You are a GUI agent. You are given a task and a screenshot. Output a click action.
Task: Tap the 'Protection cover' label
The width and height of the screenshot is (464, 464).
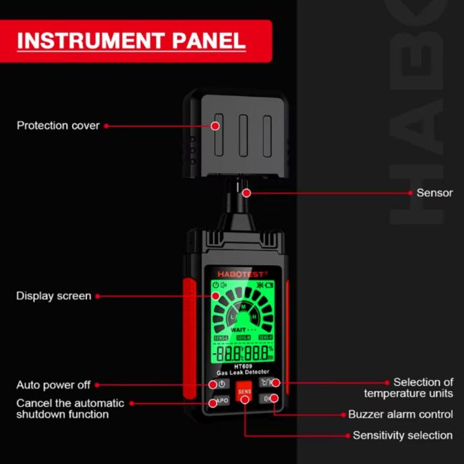(58, 126)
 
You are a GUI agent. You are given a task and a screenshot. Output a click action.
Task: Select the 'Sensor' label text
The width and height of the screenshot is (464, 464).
(434, 193)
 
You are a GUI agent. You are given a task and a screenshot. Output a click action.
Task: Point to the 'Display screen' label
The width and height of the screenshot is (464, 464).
(54, 296)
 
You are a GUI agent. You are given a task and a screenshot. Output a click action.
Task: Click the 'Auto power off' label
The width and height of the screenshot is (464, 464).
(53, 385)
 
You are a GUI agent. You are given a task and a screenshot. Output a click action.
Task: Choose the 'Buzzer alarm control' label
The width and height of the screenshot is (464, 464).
(400, 415)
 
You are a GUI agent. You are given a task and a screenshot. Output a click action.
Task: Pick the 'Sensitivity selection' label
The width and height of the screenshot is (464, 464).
(402, 436)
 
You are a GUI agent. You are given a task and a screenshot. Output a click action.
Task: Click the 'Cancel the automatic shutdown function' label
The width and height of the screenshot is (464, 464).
(70, 409)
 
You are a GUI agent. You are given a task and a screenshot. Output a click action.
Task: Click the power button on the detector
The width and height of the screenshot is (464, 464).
(221, 384)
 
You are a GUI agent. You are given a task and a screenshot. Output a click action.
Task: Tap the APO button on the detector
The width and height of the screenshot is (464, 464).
(221, 401)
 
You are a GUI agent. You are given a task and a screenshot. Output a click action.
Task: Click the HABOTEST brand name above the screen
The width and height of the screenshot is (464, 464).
(242, 273)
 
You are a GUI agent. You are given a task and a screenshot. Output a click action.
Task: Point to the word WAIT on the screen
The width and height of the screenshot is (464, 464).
(238, 330)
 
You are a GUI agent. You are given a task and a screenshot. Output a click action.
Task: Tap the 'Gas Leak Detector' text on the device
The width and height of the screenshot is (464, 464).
(243, 372)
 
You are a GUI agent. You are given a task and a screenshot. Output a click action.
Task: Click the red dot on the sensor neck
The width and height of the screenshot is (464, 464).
(247, 193)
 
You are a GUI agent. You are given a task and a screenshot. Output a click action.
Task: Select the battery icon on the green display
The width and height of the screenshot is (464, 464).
(269, 284)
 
